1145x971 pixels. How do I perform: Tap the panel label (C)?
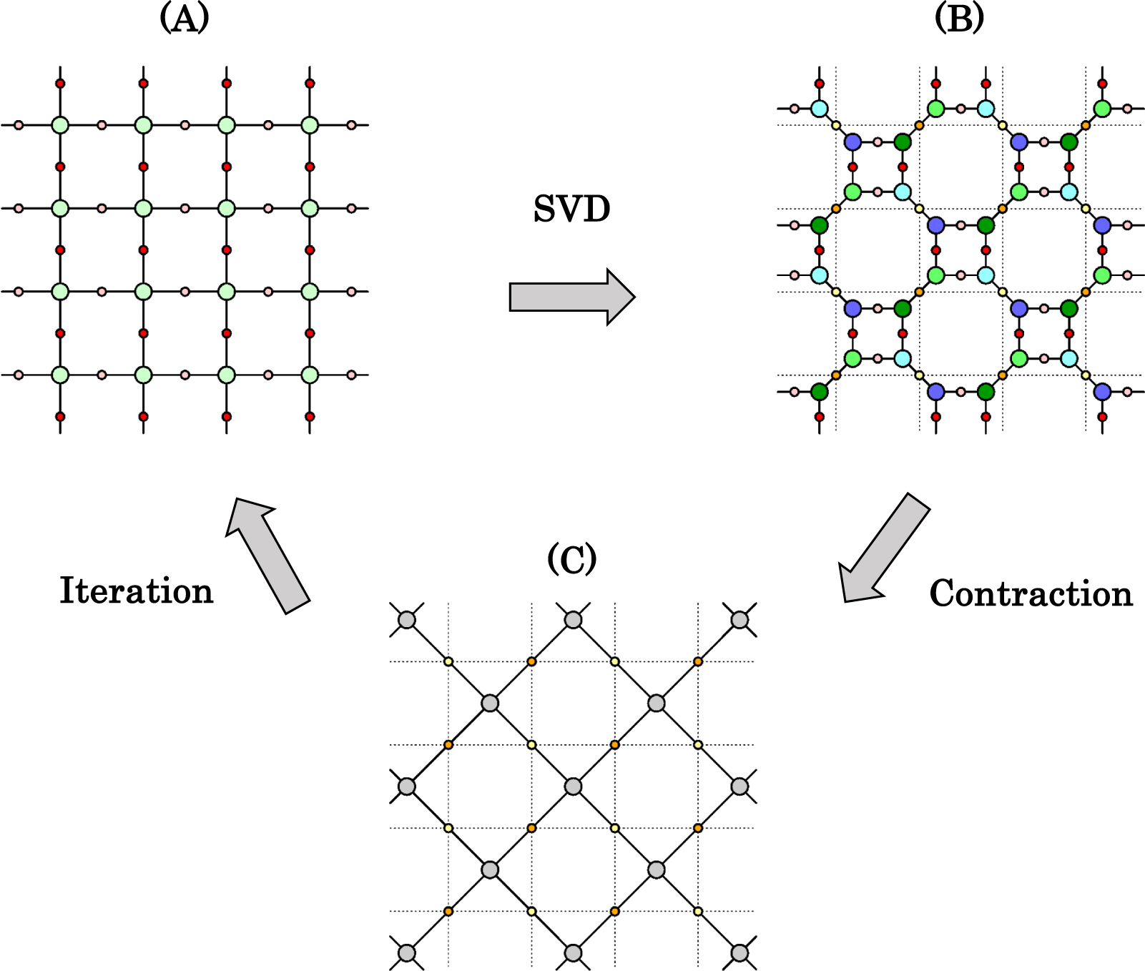tap(571, 559)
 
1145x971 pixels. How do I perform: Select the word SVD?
tap(571, 210)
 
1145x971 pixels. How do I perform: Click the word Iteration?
tap(136, 591)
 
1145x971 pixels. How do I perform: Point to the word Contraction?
tap(1031, 593)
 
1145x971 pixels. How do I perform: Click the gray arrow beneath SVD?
tap(571, 297)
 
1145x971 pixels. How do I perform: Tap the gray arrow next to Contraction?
tap(885, 547)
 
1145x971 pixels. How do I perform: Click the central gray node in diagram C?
tap(573, 787)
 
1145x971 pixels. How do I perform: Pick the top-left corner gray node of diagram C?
tap(406, 620)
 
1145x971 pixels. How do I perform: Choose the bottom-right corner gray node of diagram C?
tap(739, 953)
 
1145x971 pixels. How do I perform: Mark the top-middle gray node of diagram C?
tap(573, 620)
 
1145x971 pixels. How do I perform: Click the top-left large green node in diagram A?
tap(60, 125)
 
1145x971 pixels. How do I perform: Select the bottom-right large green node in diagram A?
tap(310, 375)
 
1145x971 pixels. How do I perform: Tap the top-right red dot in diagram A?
tap(310, 84)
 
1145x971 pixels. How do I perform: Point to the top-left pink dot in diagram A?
tap(19, 125)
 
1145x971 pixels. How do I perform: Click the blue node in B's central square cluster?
tap(935, 225)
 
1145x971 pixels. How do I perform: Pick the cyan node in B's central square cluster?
tap(986, 275)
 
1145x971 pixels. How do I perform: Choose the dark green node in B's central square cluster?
tap(986, 225)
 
